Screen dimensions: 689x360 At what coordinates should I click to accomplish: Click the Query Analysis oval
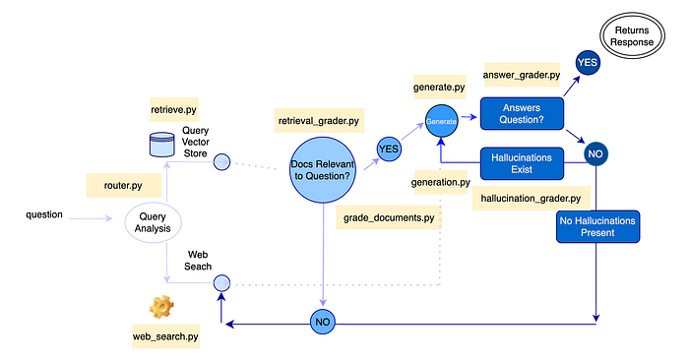(x=153, y=222)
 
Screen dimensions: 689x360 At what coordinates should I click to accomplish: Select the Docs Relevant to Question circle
(x=323, y=170)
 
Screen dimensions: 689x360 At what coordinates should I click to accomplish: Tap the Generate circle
(x=442, y=121)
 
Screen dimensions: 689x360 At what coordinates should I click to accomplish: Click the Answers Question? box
(x=522, y=114)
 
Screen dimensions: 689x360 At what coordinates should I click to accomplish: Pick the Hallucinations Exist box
(x=522, y=163)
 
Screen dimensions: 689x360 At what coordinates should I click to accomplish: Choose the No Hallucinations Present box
(x=597, y=226)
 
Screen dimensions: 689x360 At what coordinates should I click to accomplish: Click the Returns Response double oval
(x=632, y=36)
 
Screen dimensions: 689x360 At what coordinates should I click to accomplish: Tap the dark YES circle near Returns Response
(x=588, y=62)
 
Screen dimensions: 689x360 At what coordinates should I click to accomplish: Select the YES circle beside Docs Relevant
(x=389, y=149)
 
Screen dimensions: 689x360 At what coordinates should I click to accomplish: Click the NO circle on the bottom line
(x=323, y=322)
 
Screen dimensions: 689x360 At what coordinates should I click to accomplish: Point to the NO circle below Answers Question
(x=595, y=153)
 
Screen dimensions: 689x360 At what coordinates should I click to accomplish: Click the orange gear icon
(x=161, y=307)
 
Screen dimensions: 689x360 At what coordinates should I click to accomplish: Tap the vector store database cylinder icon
(x=162, y=145)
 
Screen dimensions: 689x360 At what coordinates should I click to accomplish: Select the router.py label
(x=123, y=185)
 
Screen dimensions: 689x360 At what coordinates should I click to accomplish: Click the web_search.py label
(x=165, y=336)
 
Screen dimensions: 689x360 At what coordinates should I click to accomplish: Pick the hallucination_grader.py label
(x=531, y=199)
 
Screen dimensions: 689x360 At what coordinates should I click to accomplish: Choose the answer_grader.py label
(x=522, y=75)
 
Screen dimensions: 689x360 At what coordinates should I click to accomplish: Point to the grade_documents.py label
(x=389, y=217)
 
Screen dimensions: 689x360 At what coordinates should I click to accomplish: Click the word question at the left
(x=44, y=214)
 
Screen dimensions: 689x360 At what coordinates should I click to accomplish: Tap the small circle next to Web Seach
(x=221, y=282)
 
